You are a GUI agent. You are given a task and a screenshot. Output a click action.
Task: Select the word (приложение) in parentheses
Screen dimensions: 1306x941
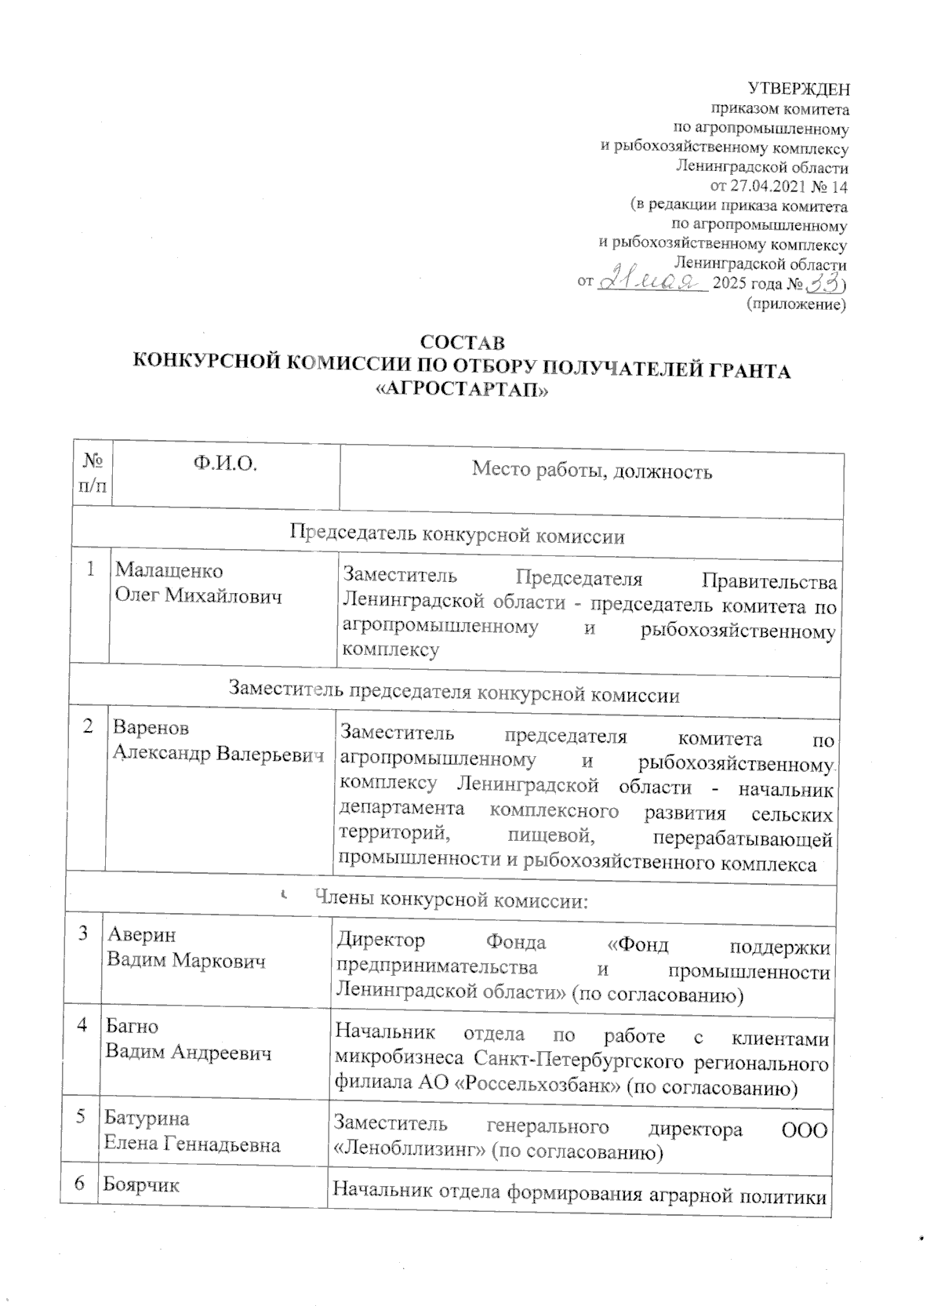click(797, 303)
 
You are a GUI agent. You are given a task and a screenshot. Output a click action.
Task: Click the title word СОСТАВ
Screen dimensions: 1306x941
click(463, 344)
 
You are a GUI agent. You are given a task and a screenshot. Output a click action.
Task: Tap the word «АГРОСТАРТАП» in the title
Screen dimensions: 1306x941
click(462, 391)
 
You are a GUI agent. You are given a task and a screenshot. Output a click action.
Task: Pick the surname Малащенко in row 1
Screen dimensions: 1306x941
click(169, 571)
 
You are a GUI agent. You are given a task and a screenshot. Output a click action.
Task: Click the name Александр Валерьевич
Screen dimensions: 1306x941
click(218, 754)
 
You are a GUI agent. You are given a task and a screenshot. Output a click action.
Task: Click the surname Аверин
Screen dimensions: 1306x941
click(142, 934)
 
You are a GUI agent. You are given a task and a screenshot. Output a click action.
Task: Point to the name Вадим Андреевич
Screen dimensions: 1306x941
click(188, 1052)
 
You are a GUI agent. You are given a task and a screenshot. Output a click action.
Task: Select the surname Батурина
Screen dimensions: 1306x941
click(147, 1118)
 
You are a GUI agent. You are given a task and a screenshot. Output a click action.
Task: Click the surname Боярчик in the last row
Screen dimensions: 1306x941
click(142, 1184)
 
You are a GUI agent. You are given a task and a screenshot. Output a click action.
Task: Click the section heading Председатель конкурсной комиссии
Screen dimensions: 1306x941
click(457, 536)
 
